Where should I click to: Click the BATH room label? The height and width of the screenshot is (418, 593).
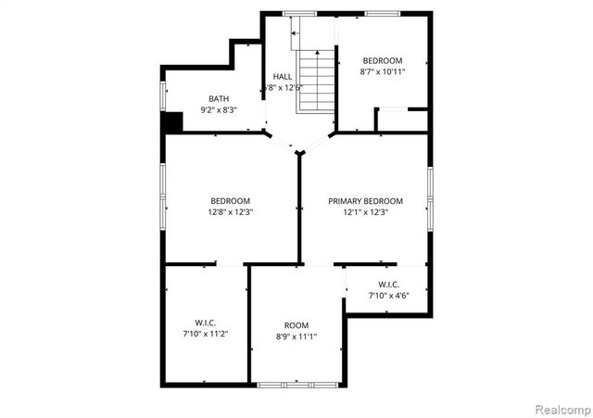219,98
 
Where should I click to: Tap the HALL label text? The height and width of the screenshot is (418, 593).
283,76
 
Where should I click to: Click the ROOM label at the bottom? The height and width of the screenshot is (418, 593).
296,325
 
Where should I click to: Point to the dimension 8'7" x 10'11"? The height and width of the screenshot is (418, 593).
381,71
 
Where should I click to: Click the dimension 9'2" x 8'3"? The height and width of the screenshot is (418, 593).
219,110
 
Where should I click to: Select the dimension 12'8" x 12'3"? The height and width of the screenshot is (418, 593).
230,212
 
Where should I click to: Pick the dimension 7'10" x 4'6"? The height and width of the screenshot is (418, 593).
388,296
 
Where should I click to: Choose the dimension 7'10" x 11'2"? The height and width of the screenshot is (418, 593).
206,333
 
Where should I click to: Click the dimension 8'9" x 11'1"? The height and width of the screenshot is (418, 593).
296,337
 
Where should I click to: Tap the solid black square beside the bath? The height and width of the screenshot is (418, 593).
171,122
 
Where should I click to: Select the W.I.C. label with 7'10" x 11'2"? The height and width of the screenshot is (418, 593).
206,322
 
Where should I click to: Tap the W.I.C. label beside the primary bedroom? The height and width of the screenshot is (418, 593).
388,285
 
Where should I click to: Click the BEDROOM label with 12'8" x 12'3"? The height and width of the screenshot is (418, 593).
230,201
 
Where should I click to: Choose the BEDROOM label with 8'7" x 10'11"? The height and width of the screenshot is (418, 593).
381,60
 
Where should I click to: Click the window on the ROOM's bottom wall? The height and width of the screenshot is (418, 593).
286,384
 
